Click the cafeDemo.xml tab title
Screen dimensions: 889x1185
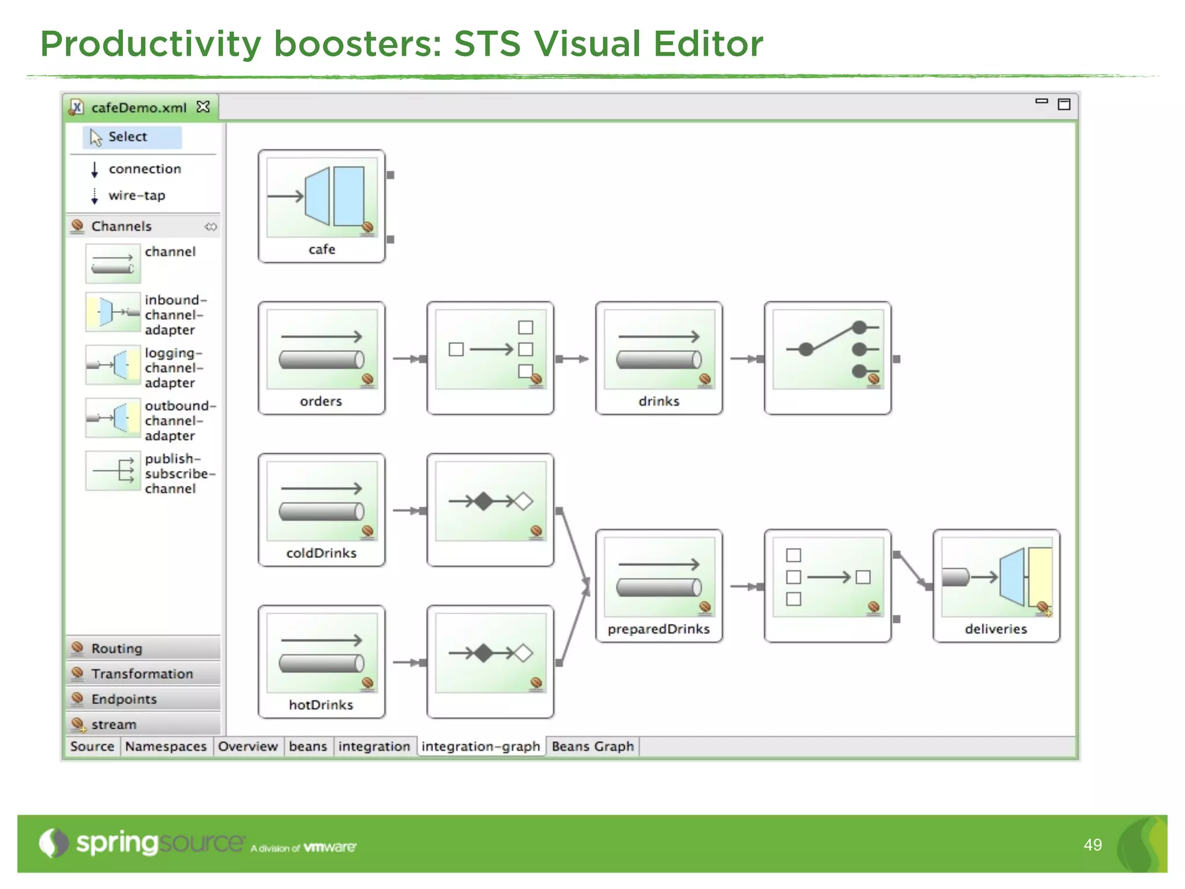click(x=139, y=108)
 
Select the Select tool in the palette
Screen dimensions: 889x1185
click(x=128, y=137)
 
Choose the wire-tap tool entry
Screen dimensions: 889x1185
click(x=137, y=196)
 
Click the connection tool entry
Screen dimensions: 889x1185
click(x=145, y=169)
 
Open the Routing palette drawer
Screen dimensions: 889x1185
click(x=116, y=648)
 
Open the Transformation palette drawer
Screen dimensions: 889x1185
click(x=142, y=674)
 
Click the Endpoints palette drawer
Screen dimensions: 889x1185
click(x=124, y=699)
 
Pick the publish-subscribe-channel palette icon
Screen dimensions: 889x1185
click(x=113, y=471)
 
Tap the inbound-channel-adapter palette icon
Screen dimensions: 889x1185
click(x=113, y=312)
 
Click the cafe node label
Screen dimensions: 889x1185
click(x=322, y=249)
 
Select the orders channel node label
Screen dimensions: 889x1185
click(x=321, y=401)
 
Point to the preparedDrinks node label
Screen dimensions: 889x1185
click(x=658, y=629)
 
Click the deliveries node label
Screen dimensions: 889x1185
click(x=996, y=629)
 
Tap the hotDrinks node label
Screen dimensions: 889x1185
click(x=321, y=705)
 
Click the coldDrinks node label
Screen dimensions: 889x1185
click(x=321, y=553)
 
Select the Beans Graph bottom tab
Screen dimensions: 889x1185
click(x=592, y=747)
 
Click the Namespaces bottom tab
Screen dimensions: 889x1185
click(x=165, y=747)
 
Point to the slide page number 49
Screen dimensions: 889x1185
click(x=1092, y=845)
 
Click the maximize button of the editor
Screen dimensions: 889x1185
click(x=1063, y=104)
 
